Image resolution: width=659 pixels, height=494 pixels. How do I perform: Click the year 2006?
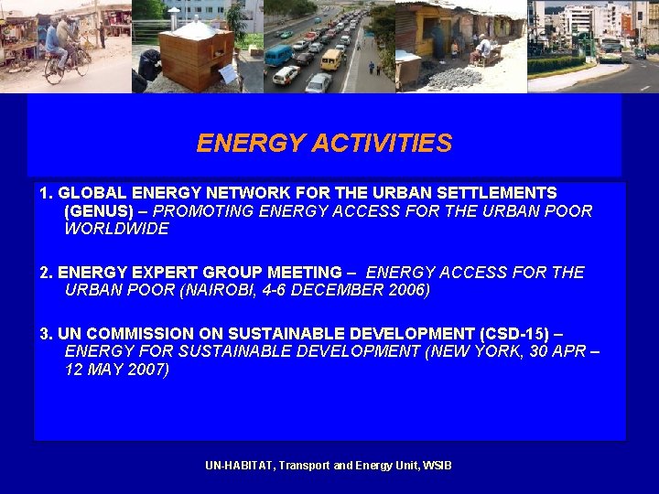tap(407, 290)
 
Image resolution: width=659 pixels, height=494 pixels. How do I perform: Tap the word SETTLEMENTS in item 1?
tap(501, 193)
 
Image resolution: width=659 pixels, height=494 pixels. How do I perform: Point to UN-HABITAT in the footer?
tap(239, 466)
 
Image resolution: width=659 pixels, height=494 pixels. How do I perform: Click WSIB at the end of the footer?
tap(438, 466)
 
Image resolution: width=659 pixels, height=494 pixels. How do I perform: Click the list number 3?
tap(45, 334)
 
